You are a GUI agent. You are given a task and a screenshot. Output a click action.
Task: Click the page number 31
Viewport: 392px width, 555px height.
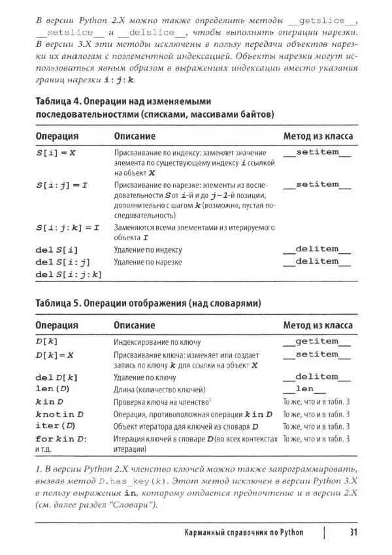[351, 532]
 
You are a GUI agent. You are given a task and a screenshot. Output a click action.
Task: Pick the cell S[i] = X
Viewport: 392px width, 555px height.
[56, 152]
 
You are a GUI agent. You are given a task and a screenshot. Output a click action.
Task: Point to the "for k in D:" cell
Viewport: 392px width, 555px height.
[61, 438]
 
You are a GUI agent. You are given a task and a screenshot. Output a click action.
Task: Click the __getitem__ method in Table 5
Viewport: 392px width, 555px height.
[317, 341]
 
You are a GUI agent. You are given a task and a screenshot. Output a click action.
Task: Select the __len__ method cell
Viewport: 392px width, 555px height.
[317, 390]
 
